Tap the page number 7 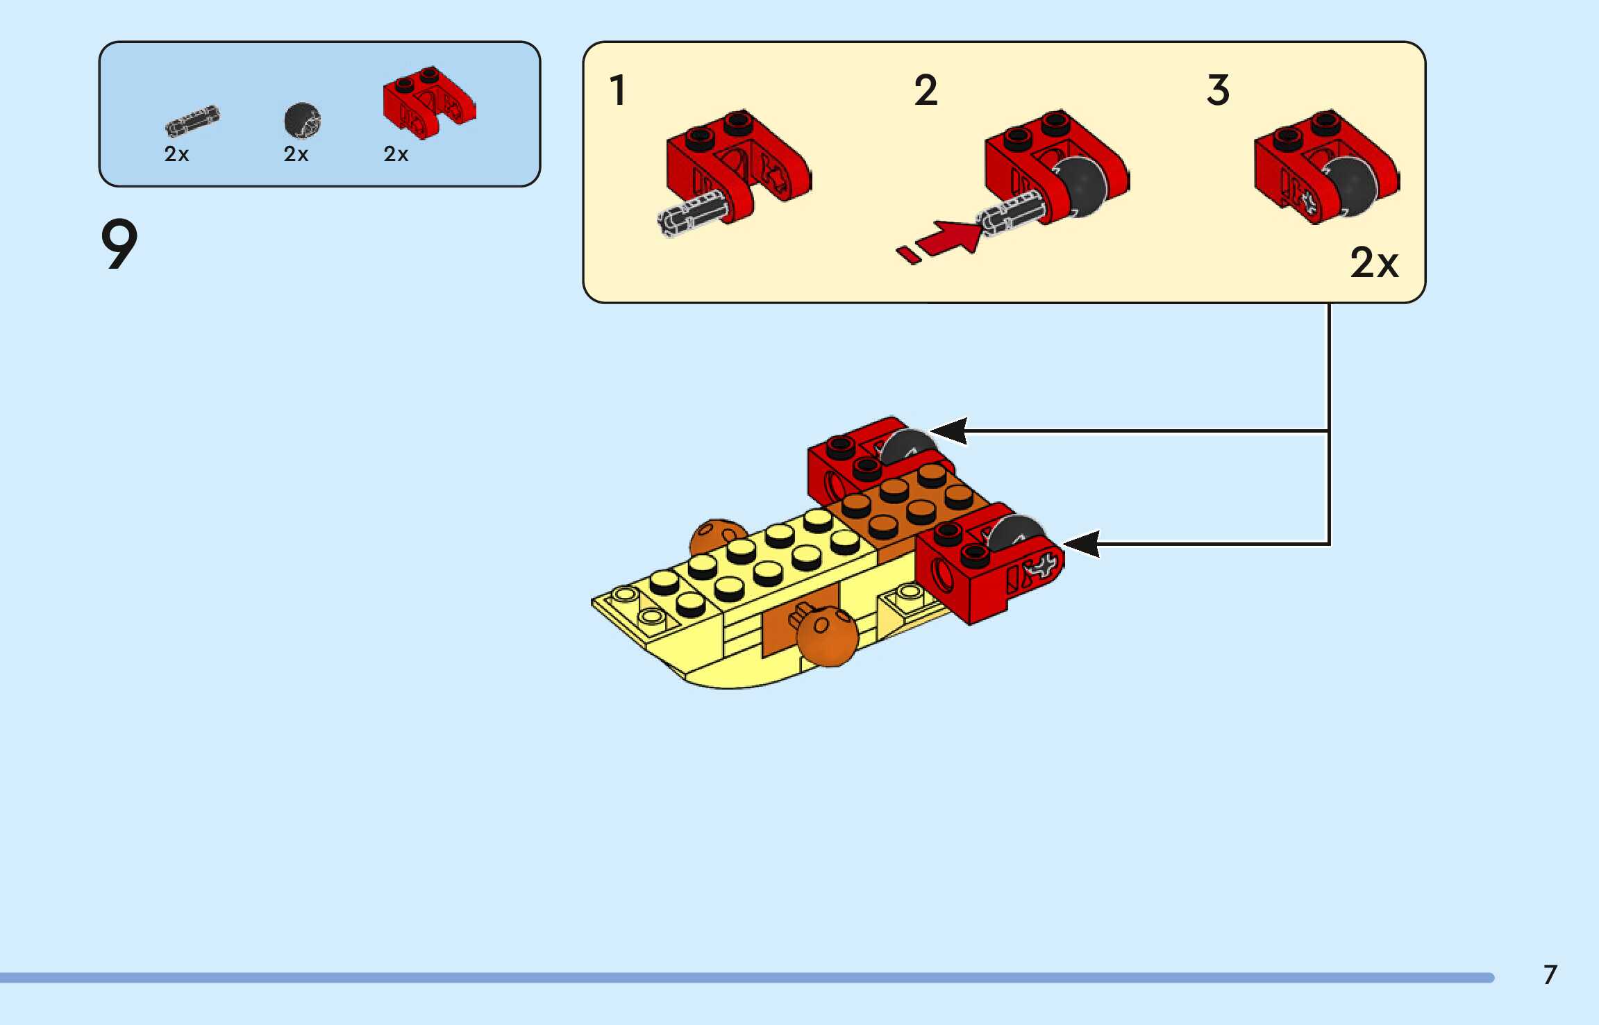pyautogui.click(x=1550, y=974)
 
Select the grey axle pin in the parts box pyautogui.click(x=192, y=121)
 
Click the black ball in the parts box pyautogui.click(x=302, y=121)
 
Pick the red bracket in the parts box pyautogui.click(x=428, y=102)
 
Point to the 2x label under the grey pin pyautogui.click(x=176, y=154)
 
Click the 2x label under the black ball pyautogui.click(x=296, y=154)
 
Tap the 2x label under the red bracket pyautogui.click(x=396, y=154)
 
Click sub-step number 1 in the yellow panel pyautogui.click(x=617, y=90)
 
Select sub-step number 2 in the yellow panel pyautogui.click(x=926, y=90)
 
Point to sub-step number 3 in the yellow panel pyautogui.click(x=1218, y=90)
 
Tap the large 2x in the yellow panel pyautogui.click(x=1373, y=262)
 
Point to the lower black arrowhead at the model pyautogui.click(x=1082, y=543)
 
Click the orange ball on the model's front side pyautogui.click(x=826, y=635)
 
